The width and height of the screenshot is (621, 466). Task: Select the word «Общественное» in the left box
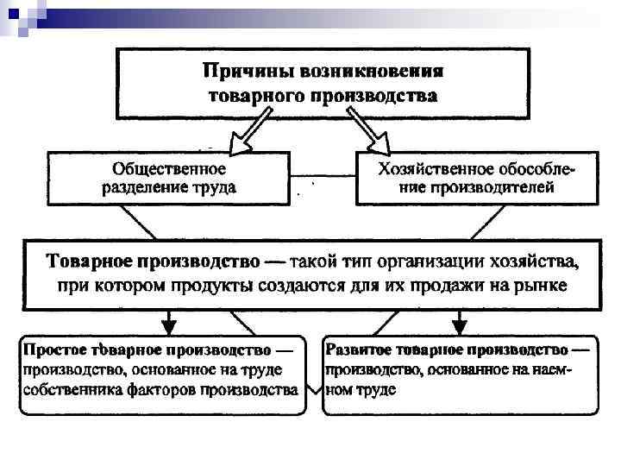click(x=170, y=167)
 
